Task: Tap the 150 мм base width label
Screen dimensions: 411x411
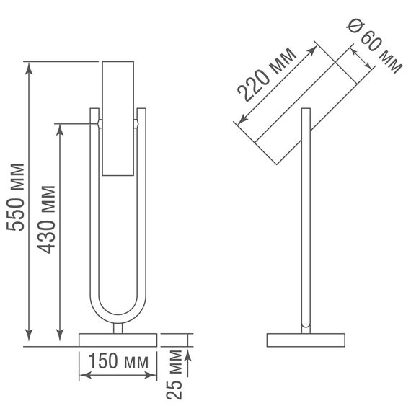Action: coord(118,360)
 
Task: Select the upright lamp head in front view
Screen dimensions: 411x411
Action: coord(118,119)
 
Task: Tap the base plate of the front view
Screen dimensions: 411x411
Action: coord(118,340)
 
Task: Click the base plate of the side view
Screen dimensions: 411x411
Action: coord(306,340)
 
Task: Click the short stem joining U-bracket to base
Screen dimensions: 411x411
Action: coord(118,329)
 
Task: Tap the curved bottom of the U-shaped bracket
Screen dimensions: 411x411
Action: coord(118,317)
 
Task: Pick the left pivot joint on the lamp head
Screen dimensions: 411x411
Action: coord(99,124)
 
